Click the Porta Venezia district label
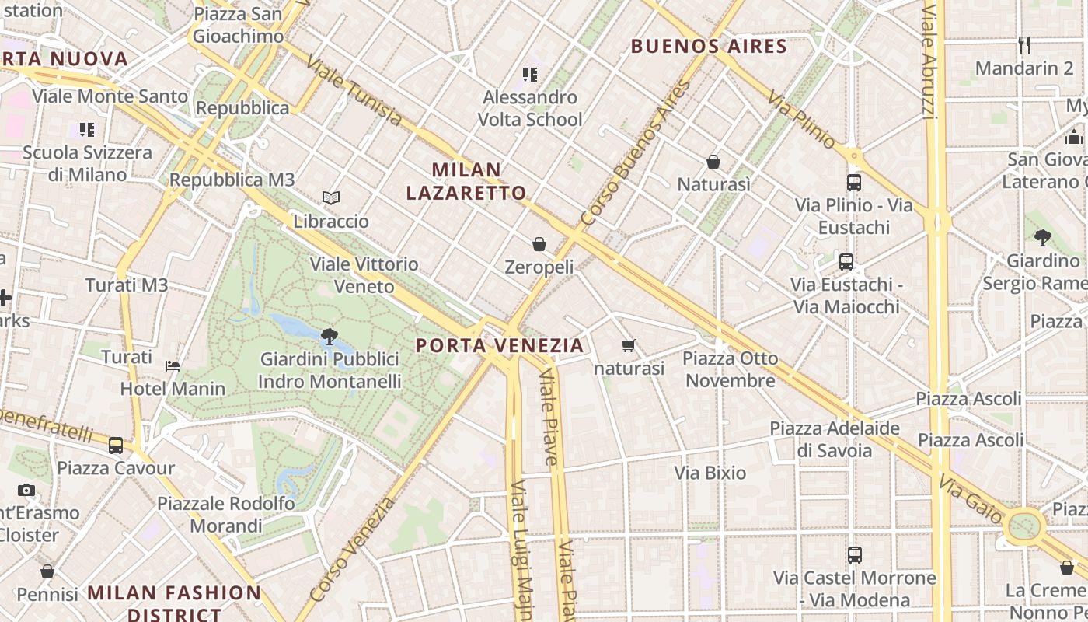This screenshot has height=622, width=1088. (x=499, y=345)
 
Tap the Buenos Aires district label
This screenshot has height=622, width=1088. (x=709, y=46)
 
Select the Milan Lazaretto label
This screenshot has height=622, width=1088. (x=466, y=181)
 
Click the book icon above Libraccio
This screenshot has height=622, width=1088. (x=331, y=198)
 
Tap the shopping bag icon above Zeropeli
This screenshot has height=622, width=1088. (x=539, y=245)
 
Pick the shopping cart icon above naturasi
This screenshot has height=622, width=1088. (x=629, y=345)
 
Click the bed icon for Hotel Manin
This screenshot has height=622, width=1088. (x=173, y=366)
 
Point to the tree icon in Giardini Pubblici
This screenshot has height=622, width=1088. (x=329, y=337)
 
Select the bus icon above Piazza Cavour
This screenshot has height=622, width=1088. (x=116, y=446)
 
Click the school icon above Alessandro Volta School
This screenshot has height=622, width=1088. (x=530, y=75)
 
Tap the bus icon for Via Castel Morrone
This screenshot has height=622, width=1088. (x=855, y=555)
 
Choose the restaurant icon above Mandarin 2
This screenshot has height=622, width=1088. (x=1024, y=45)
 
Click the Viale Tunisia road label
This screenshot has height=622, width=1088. (x=354, y=91)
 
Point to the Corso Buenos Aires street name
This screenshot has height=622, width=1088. (x=636, y=153)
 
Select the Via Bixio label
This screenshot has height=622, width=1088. (x=710, y=473)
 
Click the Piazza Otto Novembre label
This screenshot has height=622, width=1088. (x=730, y=369)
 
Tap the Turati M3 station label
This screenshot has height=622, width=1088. (x=127, y=285)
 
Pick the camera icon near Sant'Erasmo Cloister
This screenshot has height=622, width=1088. (x=26, y=491)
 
